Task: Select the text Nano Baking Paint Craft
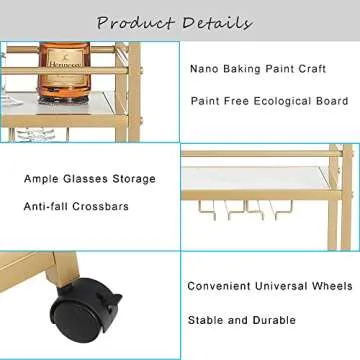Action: pos(257,69)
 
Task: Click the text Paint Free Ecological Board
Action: pos(269,101)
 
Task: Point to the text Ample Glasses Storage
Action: pos(90,179)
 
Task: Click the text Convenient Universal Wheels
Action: pos(268,287)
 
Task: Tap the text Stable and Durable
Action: pos(242,320)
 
